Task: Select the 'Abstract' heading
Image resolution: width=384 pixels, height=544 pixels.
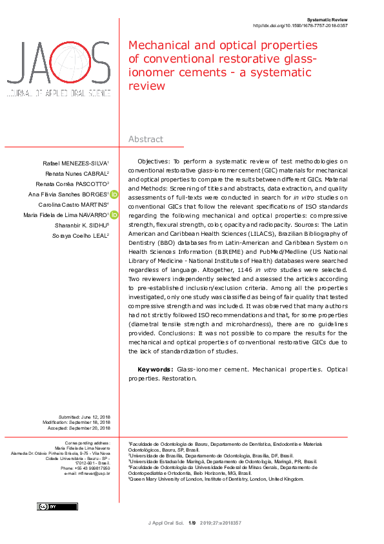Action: point(145,139)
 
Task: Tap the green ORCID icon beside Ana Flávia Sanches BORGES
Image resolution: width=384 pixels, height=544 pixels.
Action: point(114,194)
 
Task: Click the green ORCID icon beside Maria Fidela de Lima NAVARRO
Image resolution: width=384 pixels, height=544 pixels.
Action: point(114,215)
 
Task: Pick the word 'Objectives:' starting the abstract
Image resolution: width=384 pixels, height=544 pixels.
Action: point(154,160)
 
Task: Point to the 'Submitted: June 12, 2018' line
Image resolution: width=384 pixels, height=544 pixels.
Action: point(84,417)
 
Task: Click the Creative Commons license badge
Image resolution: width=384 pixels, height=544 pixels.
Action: point(48,507)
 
